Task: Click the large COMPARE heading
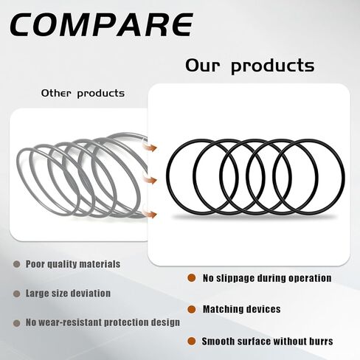pyautogui.click(x=101, y=24)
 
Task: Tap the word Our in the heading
pyautogui.click(x=202, y=66)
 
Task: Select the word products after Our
pyautogui.click(x=273, y=66)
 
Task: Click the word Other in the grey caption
pyautogui.click(x=56, y=94)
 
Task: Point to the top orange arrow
pyautogui.click(x=150, y=148)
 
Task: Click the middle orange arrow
pyautogui.click(x=150, y=180)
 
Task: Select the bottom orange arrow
pyautogui.click(x=150, y=214)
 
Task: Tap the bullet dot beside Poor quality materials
pyautogui.click(x=16, y=264)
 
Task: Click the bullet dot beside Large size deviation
pyautogui.click(x=16, y=294)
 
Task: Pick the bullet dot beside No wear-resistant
pyautogui.click(x=16, y=323)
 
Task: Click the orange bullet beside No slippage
pyautogui.click(x=191, y=278)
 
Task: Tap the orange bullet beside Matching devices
pyautogui.click(x=191, y=309)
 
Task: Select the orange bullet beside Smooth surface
pyautogui.click(x=191, y=341)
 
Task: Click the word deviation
pyautogui.click(x=89, y=294)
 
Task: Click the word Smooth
pyautogui.click(x=222, y=342)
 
